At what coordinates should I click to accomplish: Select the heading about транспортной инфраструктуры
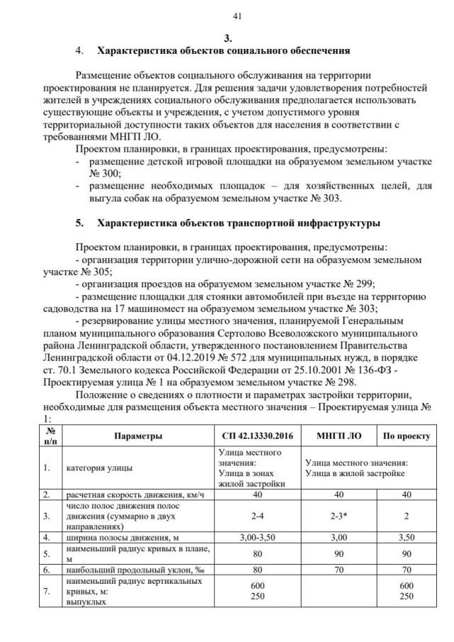point(238,223)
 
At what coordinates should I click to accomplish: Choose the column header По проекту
point(406,435)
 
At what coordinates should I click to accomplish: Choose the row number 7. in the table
point(46,591)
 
